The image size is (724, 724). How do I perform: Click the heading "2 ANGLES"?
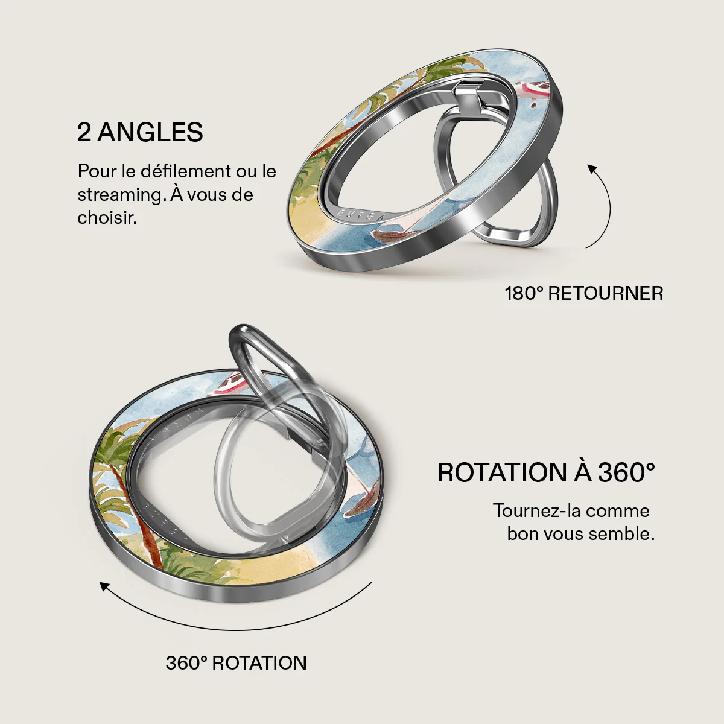(140, 132)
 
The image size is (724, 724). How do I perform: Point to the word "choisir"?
(107, 218)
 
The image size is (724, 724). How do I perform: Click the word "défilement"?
(186, 171)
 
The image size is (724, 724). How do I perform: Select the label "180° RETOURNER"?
(584, 293)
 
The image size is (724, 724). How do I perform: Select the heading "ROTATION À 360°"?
(546, 472)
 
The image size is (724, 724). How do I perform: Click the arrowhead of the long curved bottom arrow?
(104, 586)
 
